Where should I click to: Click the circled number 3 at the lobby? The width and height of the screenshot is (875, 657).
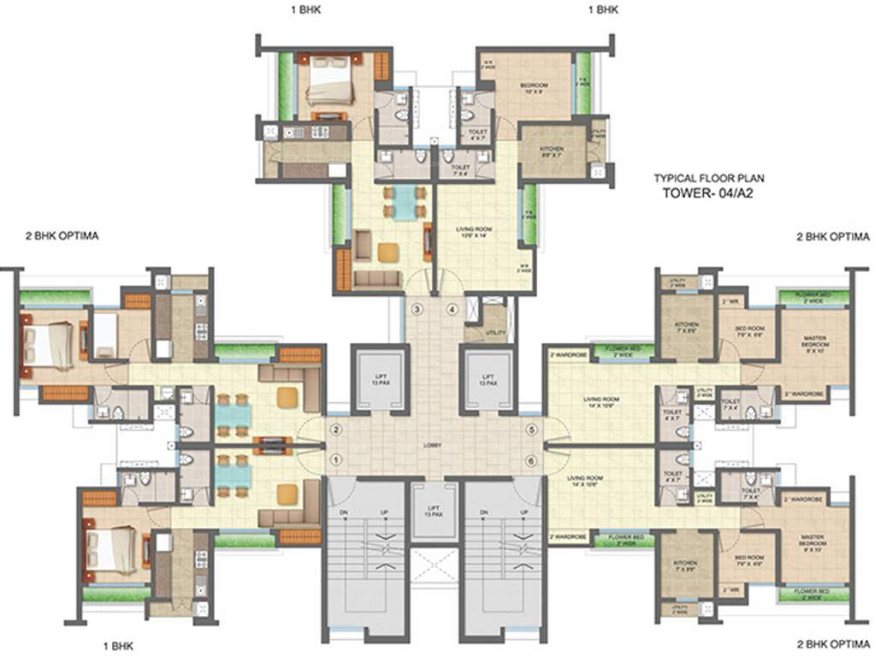click(417, 309)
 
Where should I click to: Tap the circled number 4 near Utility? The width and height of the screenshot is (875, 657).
click(452, 309)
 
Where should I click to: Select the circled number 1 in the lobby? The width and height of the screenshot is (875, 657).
click(336, 460)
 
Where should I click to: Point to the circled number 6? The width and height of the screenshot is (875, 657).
click(531, 460)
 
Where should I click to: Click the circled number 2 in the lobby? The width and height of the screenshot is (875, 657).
click(336, 429)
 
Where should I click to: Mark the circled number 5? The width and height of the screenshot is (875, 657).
click(531, 429)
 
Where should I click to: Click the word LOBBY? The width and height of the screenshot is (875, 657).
click(435, 446)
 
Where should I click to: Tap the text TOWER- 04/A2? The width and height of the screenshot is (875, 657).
click(709, 193)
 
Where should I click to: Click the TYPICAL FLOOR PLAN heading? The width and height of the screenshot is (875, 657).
click(709, 179)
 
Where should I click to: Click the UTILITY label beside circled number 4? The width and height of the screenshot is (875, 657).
click(494, 331)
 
